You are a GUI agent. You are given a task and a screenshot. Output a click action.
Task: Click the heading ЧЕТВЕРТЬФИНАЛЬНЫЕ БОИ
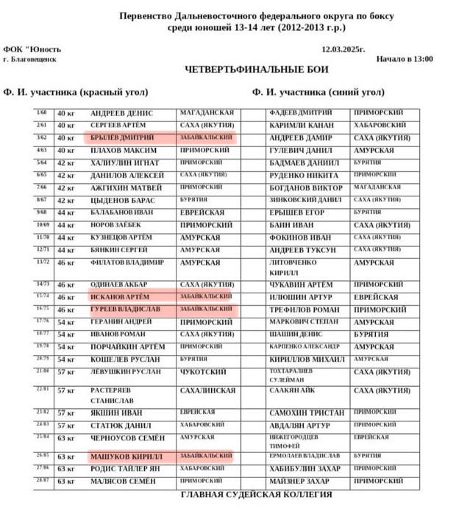(x=257, y=70)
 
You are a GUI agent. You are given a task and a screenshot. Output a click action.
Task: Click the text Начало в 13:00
(x=405, y=60)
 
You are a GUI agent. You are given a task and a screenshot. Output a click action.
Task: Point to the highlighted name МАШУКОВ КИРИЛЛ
(x=122, y=457)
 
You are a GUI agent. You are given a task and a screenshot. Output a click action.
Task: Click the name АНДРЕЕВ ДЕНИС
(x=121, y=113)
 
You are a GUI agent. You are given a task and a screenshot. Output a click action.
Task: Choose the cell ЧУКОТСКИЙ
(x=202, y=371)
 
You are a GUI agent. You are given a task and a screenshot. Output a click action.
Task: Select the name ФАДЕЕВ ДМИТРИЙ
(x=302, y=113)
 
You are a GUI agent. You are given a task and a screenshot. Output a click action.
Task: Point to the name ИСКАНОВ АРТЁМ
(x=120, y=296)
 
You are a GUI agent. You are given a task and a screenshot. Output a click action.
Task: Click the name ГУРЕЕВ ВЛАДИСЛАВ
(x=127, y=309)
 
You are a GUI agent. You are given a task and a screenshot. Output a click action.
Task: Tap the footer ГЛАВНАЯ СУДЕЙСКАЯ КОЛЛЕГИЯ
(x=257, y=494)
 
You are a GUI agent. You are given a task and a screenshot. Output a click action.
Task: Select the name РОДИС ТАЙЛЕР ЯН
(x=126, y=468)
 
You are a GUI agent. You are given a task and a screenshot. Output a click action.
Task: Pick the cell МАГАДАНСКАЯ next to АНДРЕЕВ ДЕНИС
(x=208, y=113)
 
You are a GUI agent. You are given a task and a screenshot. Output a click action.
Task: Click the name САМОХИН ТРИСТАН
(x=307, y=413)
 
